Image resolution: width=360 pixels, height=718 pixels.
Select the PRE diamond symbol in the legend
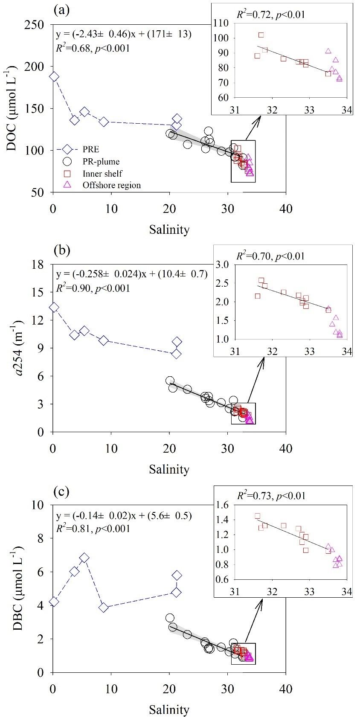click(67, 150)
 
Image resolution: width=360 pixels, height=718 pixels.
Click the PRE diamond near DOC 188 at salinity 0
click(54, 77)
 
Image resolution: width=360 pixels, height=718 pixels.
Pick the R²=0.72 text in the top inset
click(270, 16)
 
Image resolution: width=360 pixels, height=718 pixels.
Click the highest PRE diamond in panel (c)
click(84, 558)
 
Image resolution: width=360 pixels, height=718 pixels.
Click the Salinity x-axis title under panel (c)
click(169, 709)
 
